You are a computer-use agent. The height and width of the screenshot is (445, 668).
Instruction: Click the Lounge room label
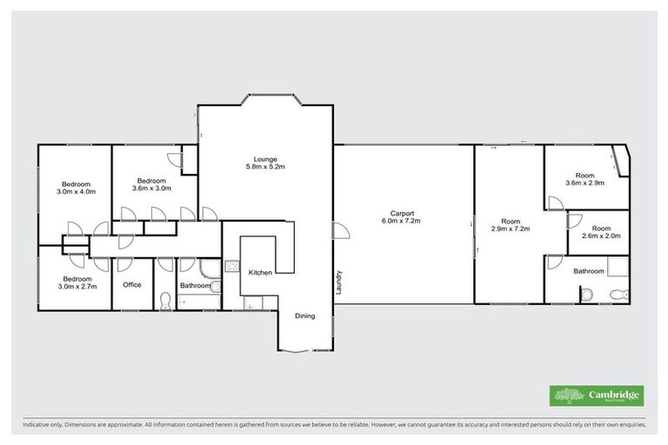click(265, 158)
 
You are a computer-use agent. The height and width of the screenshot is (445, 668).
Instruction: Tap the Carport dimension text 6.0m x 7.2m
click(401, 221)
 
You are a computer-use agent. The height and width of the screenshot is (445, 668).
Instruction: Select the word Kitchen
click(260, 272)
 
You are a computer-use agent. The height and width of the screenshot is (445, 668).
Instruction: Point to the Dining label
click(304, 315)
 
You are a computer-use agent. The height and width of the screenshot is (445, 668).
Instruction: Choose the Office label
click(132, 284)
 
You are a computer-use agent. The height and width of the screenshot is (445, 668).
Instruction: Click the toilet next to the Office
click(166, 300)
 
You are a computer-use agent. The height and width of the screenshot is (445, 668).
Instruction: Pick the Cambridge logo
click(597, 395)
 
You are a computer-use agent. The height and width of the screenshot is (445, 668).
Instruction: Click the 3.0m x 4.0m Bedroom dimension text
click(77, 191)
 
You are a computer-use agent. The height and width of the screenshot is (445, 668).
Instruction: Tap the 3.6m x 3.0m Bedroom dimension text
click(152, 188)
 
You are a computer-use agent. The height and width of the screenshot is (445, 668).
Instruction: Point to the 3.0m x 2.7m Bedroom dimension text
click(77, 285)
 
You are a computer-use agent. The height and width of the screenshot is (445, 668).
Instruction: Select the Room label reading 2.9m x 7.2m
click(510, 229)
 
